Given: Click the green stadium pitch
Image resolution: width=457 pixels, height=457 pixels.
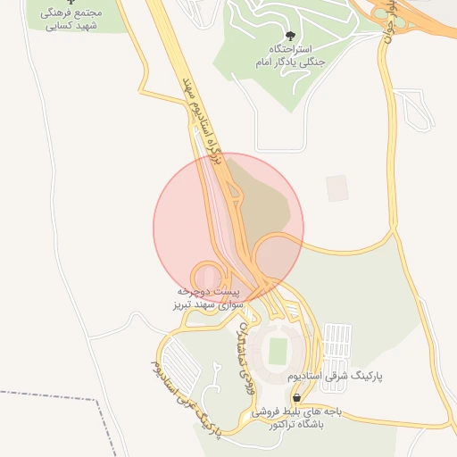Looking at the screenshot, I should click(278, 348).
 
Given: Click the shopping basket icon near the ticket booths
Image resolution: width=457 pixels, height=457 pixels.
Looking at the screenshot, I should click(295, 398).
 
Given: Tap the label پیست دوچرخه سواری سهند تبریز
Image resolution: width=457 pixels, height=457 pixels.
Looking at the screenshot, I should click(207, 298).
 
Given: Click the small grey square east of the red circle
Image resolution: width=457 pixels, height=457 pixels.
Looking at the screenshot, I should click(337, 187).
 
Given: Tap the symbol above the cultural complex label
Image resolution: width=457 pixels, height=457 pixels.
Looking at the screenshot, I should click(71, 3).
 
